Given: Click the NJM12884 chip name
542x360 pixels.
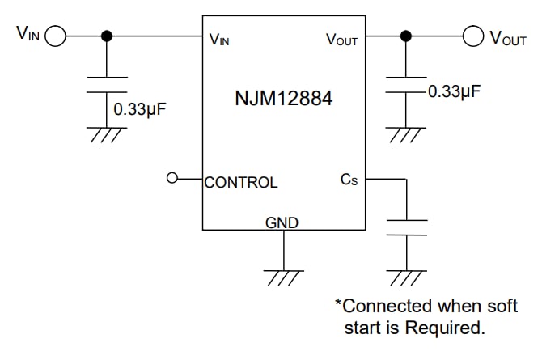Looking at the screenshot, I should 283,100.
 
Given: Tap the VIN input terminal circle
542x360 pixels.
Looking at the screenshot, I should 56,36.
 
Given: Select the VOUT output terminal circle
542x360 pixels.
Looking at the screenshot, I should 473,36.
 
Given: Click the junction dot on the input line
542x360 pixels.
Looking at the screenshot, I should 106,36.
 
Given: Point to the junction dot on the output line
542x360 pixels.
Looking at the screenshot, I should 406,36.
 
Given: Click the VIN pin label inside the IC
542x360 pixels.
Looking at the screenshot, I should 219,40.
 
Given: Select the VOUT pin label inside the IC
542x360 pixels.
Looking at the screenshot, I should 341,40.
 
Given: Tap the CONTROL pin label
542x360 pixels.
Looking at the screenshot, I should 241,183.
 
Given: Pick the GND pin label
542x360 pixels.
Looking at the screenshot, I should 282,223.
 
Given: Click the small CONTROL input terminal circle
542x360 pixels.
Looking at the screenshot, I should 171,179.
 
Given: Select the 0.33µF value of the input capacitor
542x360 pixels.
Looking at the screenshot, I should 139,108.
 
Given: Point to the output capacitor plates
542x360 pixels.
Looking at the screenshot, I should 406,85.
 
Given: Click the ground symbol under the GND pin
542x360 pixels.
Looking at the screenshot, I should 284,277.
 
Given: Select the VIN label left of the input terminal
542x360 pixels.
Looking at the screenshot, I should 27,33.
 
